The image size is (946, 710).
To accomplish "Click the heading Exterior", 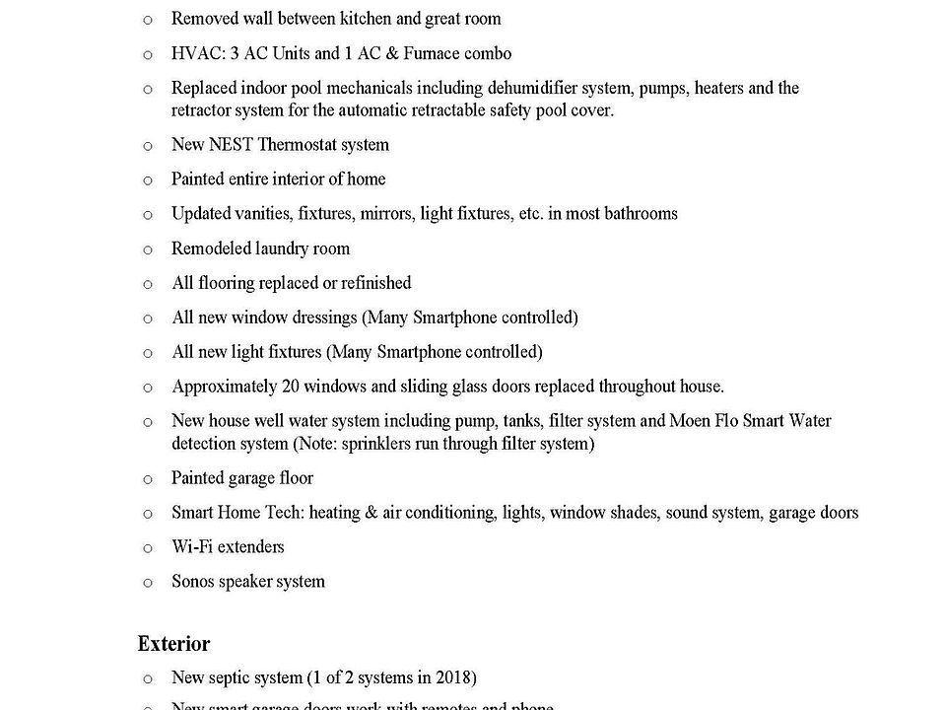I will click(173, 644).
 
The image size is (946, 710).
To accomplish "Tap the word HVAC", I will click(191, 53).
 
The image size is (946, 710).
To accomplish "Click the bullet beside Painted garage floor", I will click(148, 480).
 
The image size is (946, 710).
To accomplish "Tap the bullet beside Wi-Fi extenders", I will click(148, 549).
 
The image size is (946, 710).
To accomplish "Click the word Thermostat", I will click(297, 145).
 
